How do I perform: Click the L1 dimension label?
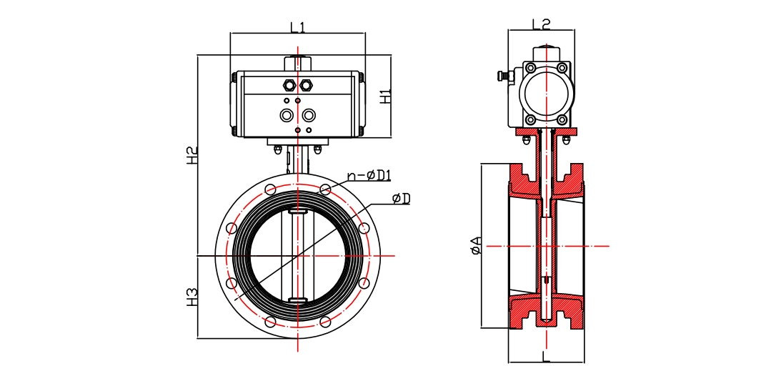297,28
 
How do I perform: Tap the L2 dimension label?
541,24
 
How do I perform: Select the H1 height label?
385,96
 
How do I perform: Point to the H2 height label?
192,156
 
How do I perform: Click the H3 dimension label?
192,297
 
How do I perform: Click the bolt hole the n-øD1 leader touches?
325,189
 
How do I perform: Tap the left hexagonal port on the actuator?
289,85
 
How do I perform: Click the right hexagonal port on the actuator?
307,85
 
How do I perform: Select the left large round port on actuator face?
287,115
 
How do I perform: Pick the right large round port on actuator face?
309,115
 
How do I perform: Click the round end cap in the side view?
546,92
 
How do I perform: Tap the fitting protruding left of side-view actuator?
506,74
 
